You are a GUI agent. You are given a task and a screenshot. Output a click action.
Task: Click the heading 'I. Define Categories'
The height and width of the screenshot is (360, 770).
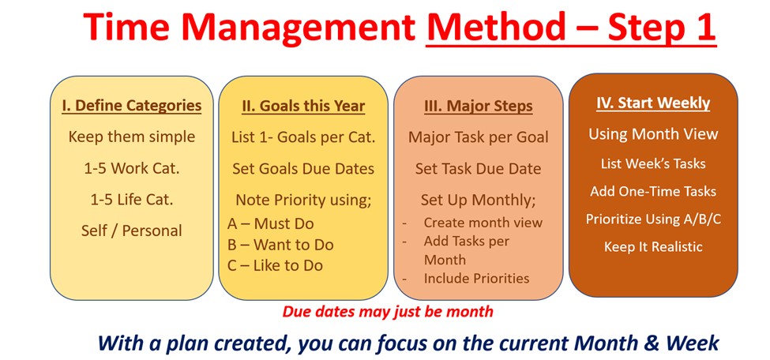[132, 106]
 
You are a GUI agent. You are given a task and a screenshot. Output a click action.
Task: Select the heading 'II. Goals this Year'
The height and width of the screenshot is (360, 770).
[303, 106]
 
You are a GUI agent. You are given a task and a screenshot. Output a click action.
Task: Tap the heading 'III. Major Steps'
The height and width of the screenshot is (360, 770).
[479, 106]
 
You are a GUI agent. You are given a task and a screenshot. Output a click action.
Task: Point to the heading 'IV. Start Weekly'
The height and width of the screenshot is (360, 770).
[653, 103]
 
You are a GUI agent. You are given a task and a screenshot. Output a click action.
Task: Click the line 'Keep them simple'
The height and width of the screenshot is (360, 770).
[132, 137]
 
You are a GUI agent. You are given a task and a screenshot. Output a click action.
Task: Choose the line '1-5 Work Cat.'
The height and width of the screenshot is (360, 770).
[132, 168]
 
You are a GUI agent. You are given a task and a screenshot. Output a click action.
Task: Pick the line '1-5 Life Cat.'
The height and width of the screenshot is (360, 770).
[132, 200]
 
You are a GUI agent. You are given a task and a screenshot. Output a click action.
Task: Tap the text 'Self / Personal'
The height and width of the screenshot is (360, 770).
[132, 231]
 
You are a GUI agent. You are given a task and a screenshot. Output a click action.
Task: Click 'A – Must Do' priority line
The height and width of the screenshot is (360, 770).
[271, 224]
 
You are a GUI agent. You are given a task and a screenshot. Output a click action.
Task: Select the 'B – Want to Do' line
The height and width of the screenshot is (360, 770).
[280, 245]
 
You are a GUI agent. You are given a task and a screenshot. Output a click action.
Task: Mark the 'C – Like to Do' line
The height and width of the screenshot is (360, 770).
[275, 266]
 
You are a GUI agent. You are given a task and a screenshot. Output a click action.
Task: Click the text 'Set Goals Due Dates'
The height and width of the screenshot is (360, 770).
[303, 168]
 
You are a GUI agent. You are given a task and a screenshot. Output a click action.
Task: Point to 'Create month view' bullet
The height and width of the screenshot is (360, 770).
[483, 223]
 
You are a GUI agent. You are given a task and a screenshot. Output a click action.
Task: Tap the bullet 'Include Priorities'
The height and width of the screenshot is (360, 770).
[476, 279]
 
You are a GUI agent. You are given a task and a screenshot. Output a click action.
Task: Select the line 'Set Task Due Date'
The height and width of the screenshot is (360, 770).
[479, 168]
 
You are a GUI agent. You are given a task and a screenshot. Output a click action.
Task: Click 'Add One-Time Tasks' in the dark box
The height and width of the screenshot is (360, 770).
[653, 191]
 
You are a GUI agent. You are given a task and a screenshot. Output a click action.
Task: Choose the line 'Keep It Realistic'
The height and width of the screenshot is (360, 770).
[653, 246]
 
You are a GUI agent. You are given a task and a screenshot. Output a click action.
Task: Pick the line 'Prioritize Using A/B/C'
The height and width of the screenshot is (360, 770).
[653, 219]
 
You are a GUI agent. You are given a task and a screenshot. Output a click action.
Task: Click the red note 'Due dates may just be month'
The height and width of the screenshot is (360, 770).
[388, 311]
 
